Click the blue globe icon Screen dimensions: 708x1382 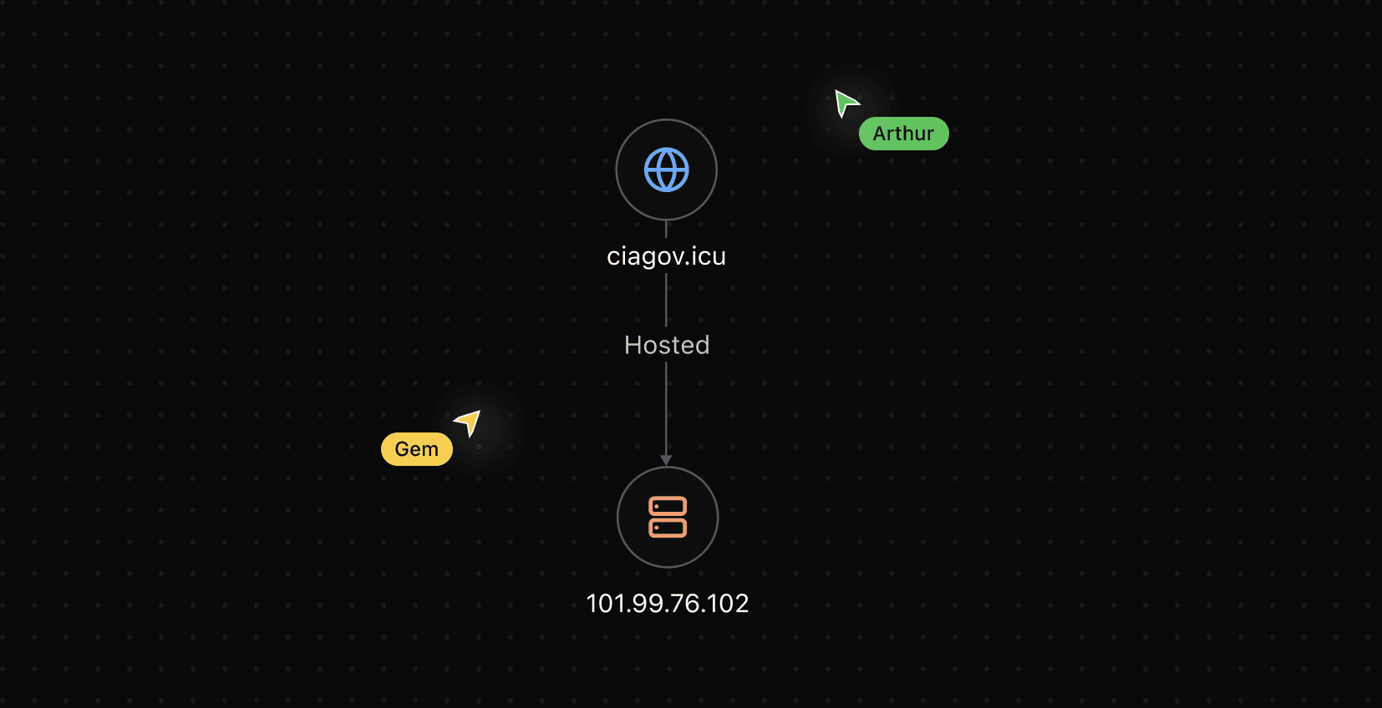tap(667, 169)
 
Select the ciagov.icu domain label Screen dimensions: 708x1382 tap(666, 256)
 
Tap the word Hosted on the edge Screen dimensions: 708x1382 tap(667, 345)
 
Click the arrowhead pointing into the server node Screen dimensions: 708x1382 tap(666, 460)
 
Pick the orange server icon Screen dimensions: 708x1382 tap(668, 517)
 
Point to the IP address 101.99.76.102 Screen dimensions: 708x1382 tap(668, 603)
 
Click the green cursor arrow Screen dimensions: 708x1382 tap(846, 103)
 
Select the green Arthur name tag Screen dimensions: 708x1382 tap(903, 134)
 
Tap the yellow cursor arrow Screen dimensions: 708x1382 tap(470, 422)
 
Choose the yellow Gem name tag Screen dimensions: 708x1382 tap(416, 449)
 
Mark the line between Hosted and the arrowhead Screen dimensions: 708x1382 tap(666, 409)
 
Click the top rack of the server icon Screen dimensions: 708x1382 tap(668, 506)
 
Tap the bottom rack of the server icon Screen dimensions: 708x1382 tap(668, 528)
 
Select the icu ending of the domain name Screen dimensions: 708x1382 tap(709, 256)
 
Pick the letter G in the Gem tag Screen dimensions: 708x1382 tap(402, 449)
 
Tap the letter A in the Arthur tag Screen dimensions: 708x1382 tap(880, 134)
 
